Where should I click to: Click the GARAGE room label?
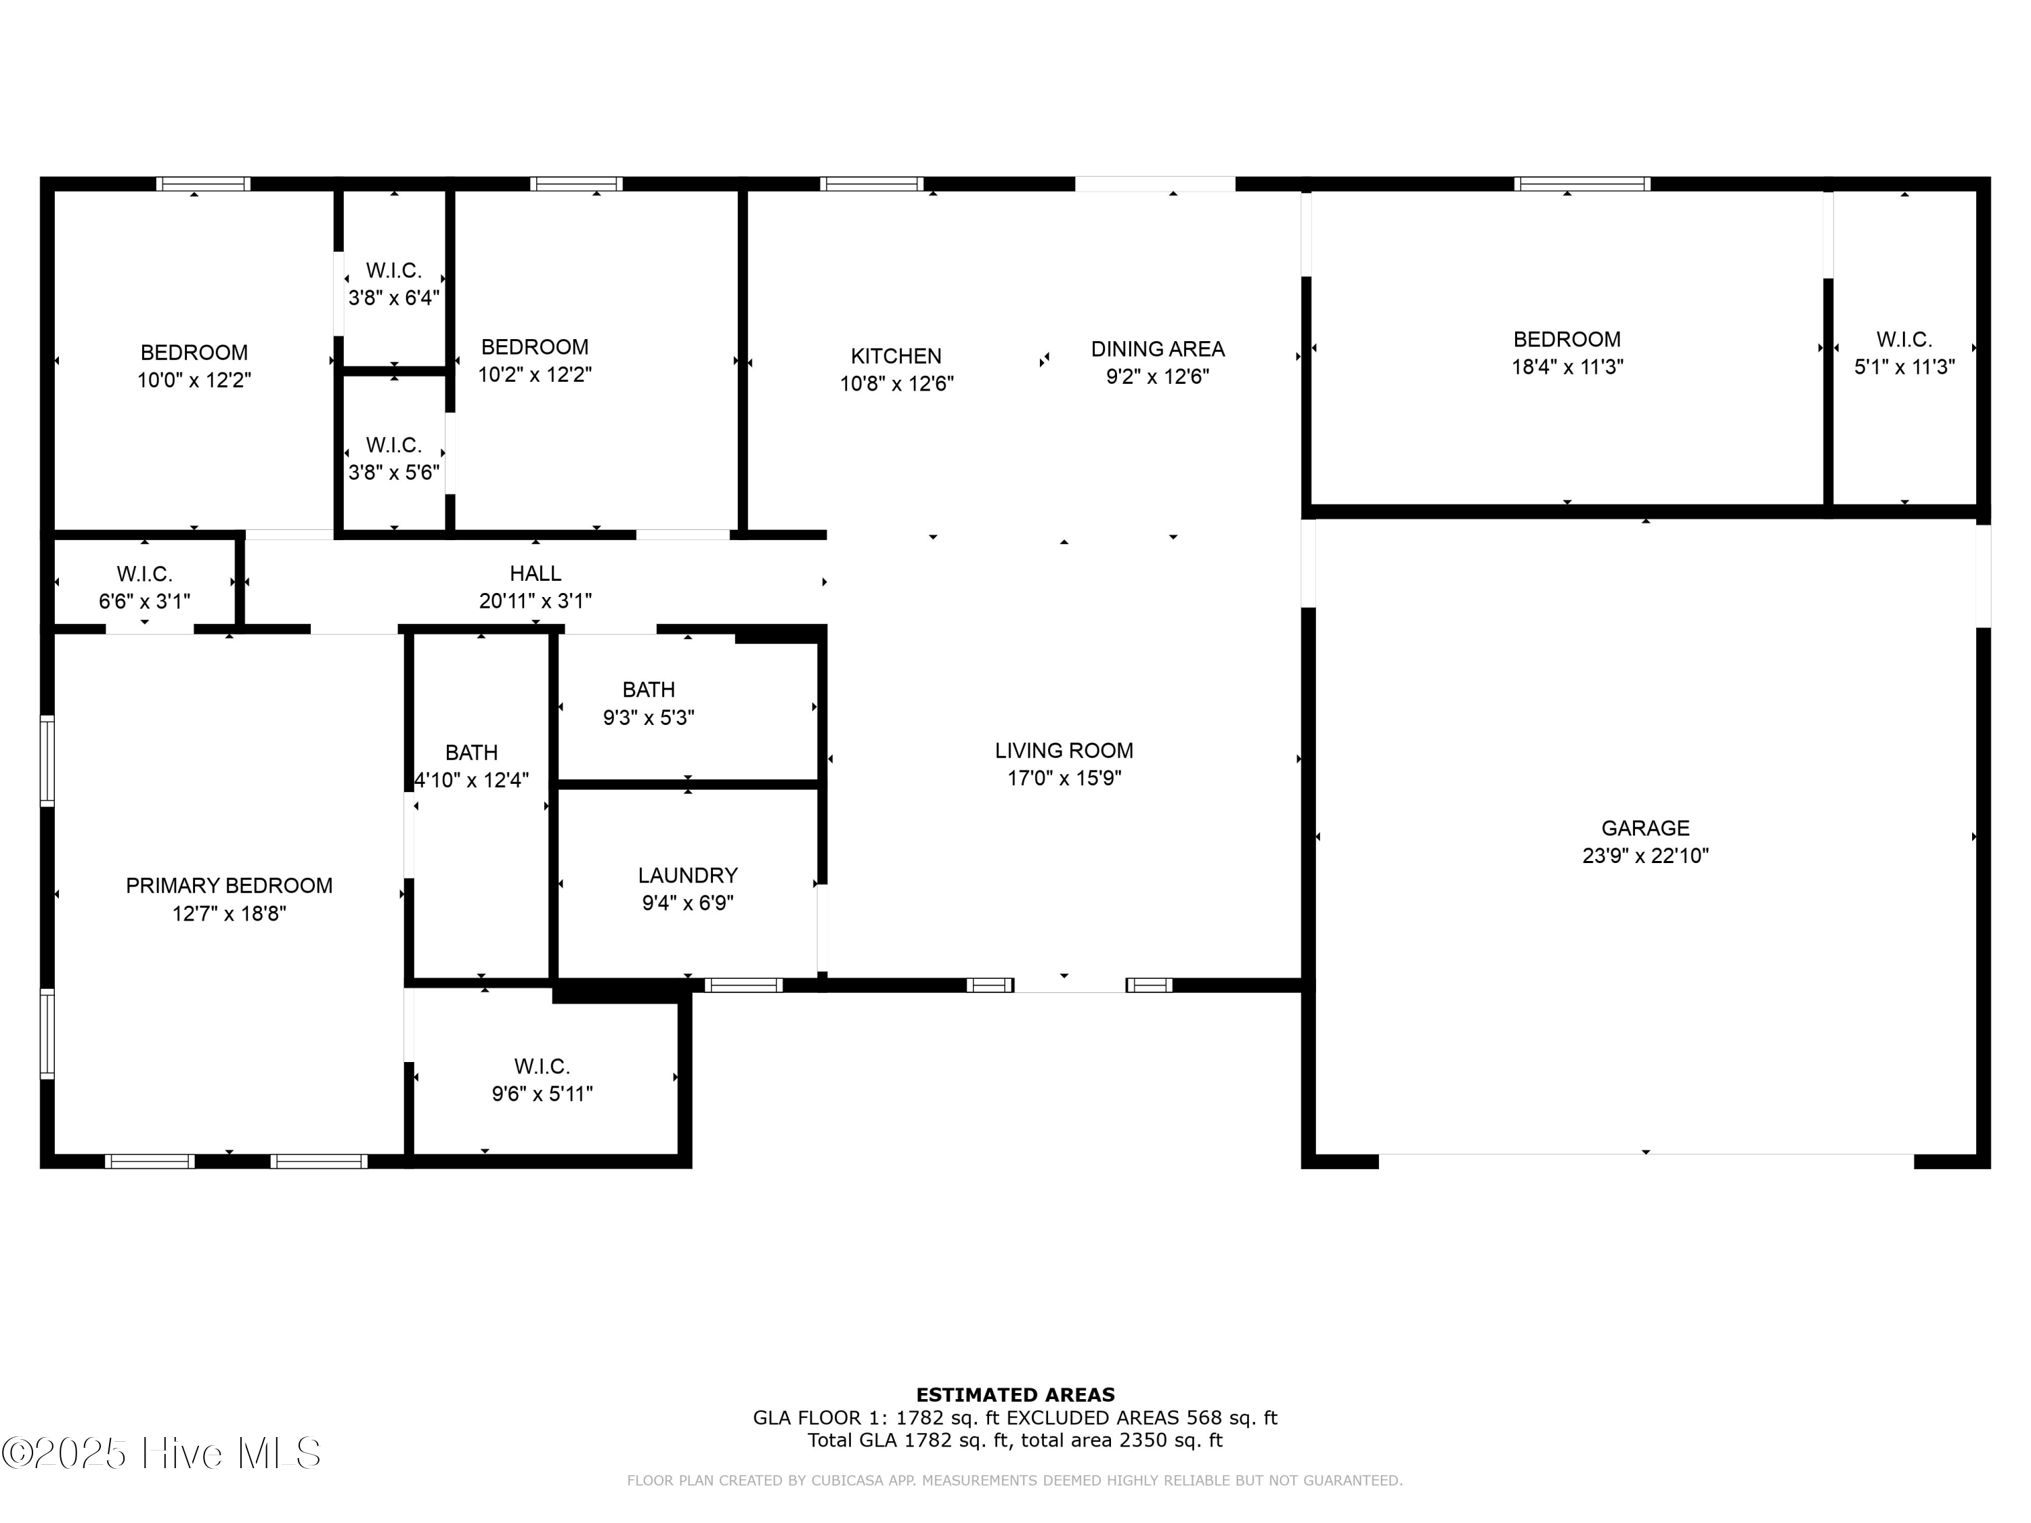click(1644, 828)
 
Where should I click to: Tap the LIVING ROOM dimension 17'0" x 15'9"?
click(1064, 778)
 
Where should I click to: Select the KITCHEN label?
click(895, 356)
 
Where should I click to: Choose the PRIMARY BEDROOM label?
click(229, 886)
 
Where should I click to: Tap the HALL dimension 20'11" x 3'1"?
click(536, 601)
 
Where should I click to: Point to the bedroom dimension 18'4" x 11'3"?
click(1567, 367)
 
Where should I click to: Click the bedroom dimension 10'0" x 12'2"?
click(194, 380)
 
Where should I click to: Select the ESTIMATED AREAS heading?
click(1015, 1395)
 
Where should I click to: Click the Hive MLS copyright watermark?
click(162, 1453)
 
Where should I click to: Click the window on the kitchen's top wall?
click(871, 183)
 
